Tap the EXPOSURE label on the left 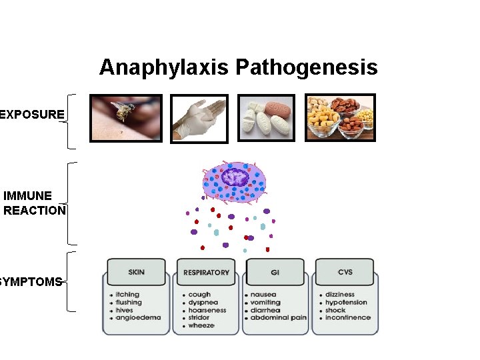[x=33, y=114]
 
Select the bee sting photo [x=126, y=117]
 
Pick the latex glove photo [x=199, y=119]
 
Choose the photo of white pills [x=267, y=117]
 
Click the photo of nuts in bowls [x=340, y=117]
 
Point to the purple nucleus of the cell [x=235, y=177]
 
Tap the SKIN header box [x=136, y=272]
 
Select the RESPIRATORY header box [x=206, y=272]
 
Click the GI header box [x=275, y=272]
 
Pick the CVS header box [x=345, y=272]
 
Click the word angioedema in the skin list [x=138, y=318]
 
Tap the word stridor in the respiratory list [x=199, y=318]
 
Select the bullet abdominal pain [x=278, y=318]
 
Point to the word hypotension [x=346, y=302]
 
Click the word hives [x=124, y=310]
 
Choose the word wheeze [x=201, y=326]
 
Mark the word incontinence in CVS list [x=347, y=318]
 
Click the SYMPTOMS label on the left [x=31, y=281]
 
